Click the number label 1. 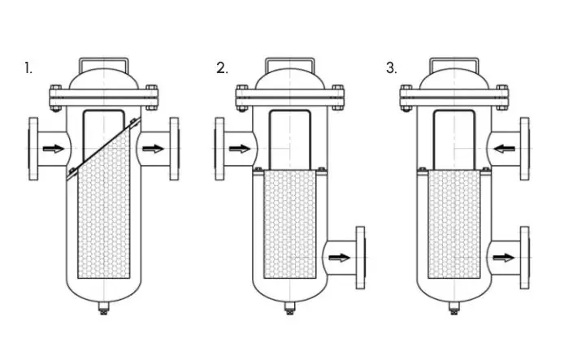click(x=28, y=68)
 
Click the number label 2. click(x=222, y=68)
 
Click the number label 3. click(x=392, y=68)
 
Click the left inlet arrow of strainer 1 click(x=52, y=148)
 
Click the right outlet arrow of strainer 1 click(x=151, y=148)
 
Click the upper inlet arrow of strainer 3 click(x=504, y=148)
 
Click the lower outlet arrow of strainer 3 click(x=504, y=258)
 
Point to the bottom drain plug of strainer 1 click(x=103, y=310)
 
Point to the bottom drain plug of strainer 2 click(x=289, y=310)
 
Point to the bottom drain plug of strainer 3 click(x=453, y=310)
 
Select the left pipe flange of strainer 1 click(x=33, y=148)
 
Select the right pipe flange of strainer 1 click(x=175, y=148)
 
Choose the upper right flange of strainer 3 click(x=525, y=148)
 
